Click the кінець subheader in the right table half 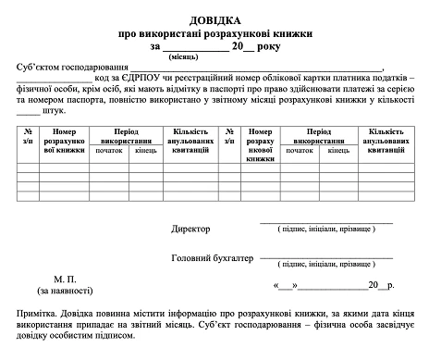click(x=338, y=149)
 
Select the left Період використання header click(x=126, y=137)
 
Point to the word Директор click(x=191, y=228)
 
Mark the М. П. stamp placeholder click(x=66, y=278)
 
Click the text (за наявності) click(x=66, y=290)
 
